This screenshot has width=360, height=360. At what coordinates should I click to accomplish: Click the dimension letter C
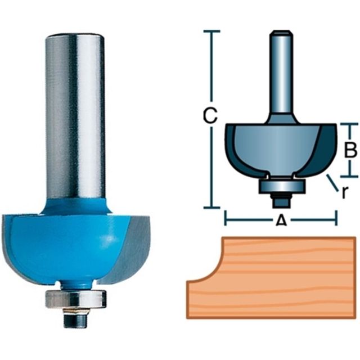pyautogui.click(x=210, y=115)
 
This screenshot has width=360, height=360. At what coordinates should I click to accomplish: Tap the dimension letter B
pyautogui.click(x=350, y=150)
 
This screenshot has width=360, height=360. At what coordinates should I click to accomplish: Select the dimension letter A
pyautogui.click(x=281, y=221)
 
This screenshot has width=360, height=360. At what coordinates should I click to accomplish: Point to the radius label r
pyautogui.click(x=344, y=192)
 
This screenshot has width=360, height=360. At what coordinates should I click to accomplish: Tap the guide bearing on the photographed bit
pyautogui.click(x=76, y=299)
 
